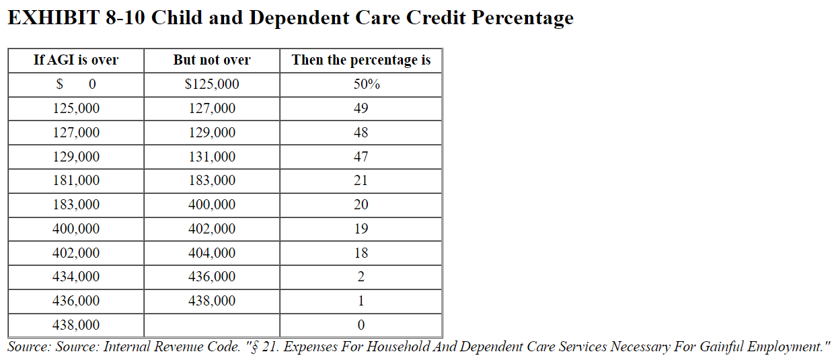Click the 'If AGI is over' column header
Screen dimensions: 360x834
coord(76,60)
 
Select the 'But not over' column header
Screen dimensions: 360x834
coord(212,60)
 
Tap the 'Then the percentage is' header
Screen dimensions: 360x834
coord(361,60)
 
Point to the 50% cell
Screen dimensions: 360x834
coord(361,85)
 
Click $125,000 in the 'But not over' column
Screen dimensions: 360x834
coord(212,85)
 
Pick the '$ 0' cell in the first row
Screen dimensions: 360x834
coord(76,85)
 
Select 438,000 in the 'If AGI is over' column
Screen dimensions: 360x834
coord(76,325)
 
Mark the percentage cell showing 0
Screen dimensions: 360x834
coord(361,325)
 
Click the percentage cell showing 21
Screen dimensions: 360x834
coord(361,180)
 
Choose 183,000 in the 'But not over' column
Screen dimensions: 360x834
coord(212,180)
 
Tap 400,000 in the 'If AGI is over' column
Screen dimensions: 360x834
coord(76,229)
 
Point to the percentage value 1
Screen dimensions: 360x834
coord(361,301)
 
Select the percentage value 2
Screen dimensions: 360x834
coord(361,277)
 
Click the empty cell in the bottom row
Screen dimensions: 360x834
coord(212,325)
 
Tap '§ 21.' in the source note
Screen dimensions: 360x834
coord(262,347)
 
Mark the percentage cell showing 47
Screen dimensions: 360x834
coord(361,157)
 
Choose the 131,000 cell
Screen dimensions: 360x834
coord(212,157)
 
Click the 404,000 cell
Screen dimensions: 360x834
coord(212,253)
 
